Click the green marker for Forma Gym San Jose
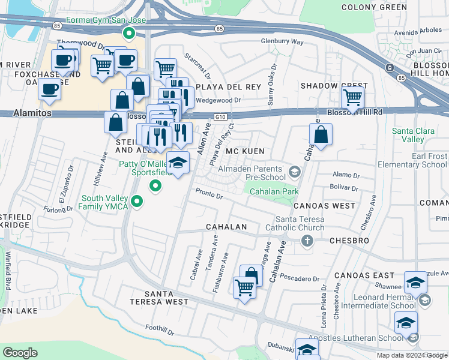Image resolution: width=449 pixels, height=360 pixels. tap(127, 33)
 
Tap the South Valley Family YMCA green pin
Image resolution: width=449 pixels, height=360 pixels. tap(137, 201)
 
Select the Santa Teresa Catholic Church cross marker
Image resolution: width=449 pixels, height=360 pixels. tap(307, 241)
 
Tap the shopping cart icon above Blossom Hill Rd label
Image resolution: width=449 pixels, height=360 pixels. tap(352, 97)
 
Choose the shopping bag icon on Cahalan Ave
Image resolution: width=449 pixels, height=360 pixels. tap(321, 136)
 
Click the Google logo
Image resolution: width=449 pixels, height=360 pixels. tap(20, 353)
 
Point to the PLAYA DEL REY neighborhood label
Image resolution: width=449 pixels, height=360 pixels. tap(235, 87)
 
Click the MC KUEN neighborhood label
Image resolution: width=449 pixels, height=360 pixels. tap(244, 152)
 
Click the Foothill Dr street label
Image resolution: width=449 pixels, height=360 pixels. tap(159, 330)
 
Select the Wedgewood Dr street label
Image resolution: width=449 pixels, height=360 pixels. tap(218, 100)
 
